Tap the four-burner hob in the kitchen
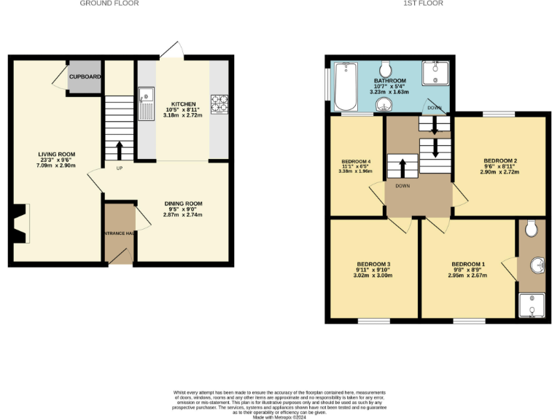[x=218, y=104]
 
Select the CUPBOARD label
[x=85, y=77]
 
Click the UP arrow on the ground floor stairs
[x=118, y=149]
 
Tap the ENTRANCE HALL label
[x=118, y=233]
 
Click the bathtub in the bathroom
[x=346, y=87]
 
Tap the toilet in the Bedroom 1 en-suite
[x=532, y=229]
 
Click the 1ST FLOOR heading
[x=423, y=4]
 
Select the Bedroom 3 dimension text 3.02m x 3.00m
[x=373, y=276]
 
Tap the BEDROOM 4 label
[x=355, y=161]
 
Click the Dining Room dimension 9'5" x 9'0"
[x=183, y=209]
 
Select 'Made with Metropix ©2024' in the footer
[x=280, y=417]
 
